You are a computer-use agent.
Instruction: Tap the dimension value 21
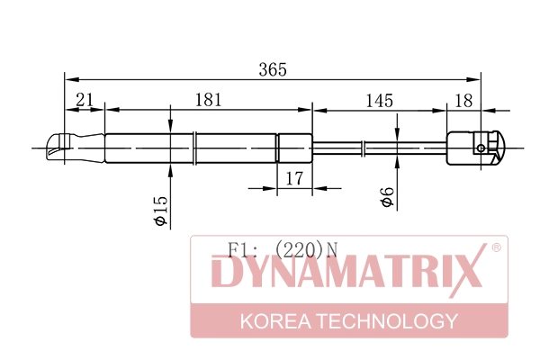click(x=85, y=101)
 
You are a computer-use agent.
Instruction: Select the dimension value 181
click(x=208, y=101)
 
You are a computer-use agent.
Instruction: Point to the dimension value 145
click(x=379, y=101)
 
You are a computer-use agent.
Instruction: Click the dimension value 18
click(x=463, y=101)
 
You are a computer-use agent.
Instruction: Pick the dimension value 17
click(x=293, y=179)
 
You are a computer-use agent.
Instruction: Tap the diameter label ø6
click(x=386, y=197)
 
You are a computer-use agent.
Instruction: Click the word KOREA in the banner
click(x=273, y=321)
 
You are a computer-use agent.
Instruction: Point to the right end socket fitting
click(x=475, y=148)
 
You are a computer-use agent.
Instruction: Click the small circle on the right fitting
click(x=481, y=148)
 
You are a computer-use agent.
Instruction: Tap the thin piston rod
click(x=378, y=147)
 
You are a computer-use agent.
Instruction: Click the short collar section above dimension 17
click(x=292, y=147)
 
